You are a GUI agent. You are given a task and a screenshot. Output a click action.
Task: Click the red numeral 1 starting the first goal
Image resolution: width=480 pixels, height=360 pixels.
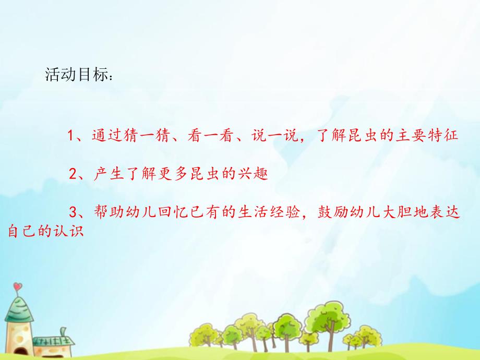(x=69, y=136)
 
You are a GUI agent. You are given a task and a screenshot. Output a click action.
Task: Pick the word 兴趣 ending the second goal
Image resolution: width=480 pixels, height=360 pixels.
(x=255, y=174)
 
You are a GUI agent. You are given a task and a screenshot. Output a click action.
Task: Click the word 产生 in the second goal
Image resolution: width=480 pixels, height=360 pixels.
(x=105, y=174)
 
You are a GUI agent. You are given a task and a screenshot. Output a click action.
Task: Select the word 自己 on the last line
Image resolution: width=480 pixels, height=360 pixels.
(x=20, y=231)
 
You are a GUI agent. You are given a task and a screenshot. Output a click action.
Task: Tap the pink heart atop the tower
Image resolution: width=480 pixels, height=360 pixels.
(x=17, y=286)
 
